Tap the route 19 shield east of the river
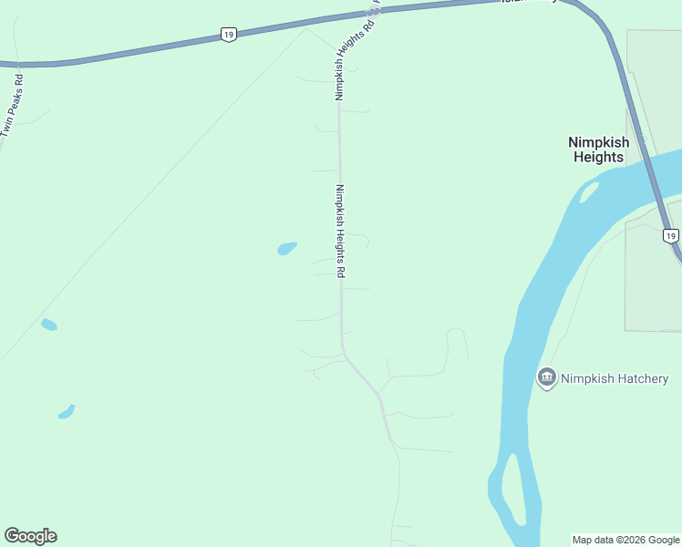[x=670, y=236]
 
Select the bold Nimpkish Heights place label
[x=597, y=150]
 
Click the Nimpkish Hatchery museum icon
[x=547, y=377]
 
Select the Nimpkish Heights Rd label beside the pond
[x=340, y=232]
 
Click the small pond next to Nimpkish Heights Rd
[x=287, y=248]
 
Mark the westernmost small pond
[x=49, y=325]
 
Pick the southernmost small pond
[x=66, y=412]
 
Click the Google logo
[x=30, y=536]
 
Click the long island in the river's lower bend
[x=514, y=488]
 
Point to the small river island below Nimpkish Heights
[x=589, y=192]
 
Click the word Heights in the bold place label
[x=598, y=157]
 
